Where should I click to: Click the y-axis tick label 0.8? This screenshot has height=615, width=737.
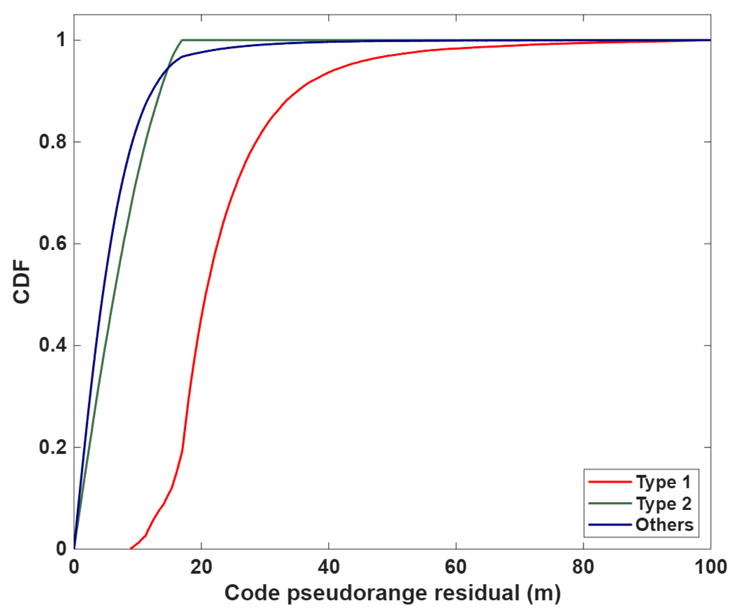[53, 142]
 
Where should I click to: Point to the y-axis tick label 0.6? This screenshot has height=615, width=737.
[53, 244]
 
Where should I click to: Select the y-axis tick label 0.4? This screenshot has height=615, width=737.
[53, 346]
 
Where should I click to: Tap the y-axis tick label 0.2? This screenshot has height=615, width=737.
[53, 447]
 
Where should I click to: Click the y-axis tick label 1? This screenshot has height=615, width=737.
[61, 40]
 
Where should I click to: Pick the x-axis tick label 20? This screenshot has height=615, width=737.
[201, 567]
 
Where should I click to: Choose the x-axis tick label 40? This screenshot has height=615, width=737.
[329, 567]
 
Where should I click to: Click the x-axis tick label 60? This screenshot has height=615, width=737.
[456, 567]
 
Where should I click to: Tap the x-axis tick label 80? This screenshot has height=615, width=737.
[583, 567]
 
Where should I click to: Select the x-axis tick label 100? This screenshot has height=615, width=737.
[710, 567]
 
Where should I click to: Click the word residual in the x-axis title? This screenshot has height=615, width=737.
[477, 593]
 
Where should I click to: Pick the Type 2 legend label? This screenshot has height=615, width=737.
[663, 504]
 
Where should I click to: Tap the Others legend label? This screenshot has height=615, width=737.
[664, 525]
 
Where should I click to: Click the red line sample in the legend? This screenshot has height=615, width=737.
[610, 482]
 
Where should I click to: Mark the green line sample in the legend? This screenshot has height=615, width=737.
[610, 503]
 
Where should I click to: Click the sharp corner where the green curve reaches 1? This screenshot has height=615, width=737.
[182, 40]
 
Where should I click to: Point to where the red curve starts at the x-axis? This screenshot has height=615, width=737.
[131, 549]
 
